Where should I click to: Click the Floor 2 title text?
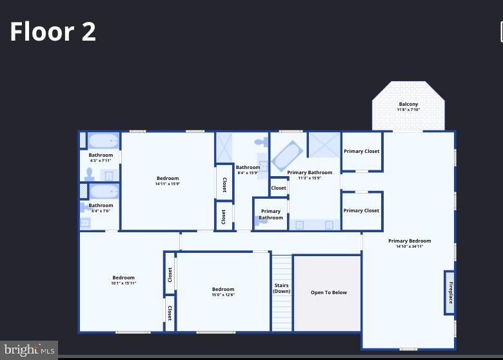(53, 32)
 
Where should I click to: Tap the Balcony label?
(408, 105)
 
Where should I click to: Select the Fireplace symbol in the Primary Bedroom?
(449, 292)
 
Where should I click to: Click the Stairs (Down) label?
(281, 288)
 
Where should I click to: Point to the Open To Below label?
(328, 292)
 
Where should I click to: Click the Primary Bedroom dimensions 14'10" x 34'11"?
(409, 246)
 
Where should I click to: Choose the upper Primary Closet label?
(361, 151)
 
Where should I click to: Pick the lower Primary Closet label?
(361, 210)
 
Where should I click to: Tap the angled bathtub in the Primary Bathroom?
(287, 155)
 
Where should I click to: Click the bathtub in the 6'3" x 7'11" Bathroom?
(103, 141)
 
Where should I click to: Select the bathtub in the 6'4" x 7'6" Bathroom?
(104, 192)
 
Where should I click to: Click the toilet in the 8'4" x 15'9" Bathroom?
(260, 141)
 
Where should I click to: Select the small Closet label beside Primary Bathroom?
(279, 188)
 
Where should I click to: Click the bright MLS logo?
(28, 350)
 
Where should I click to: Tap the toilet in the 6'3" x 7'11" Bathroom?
(89, 174)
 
